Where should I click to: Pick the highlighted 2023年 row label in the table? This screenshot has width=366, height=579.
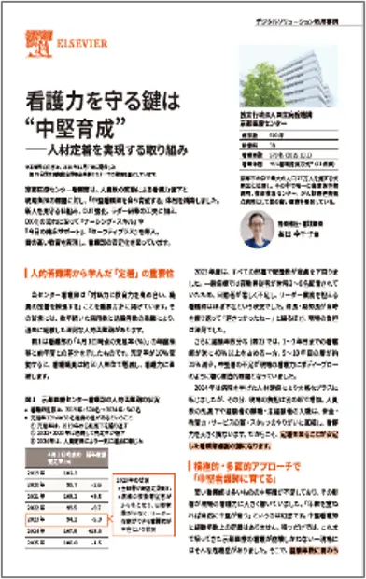click(x=38, y=515)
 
